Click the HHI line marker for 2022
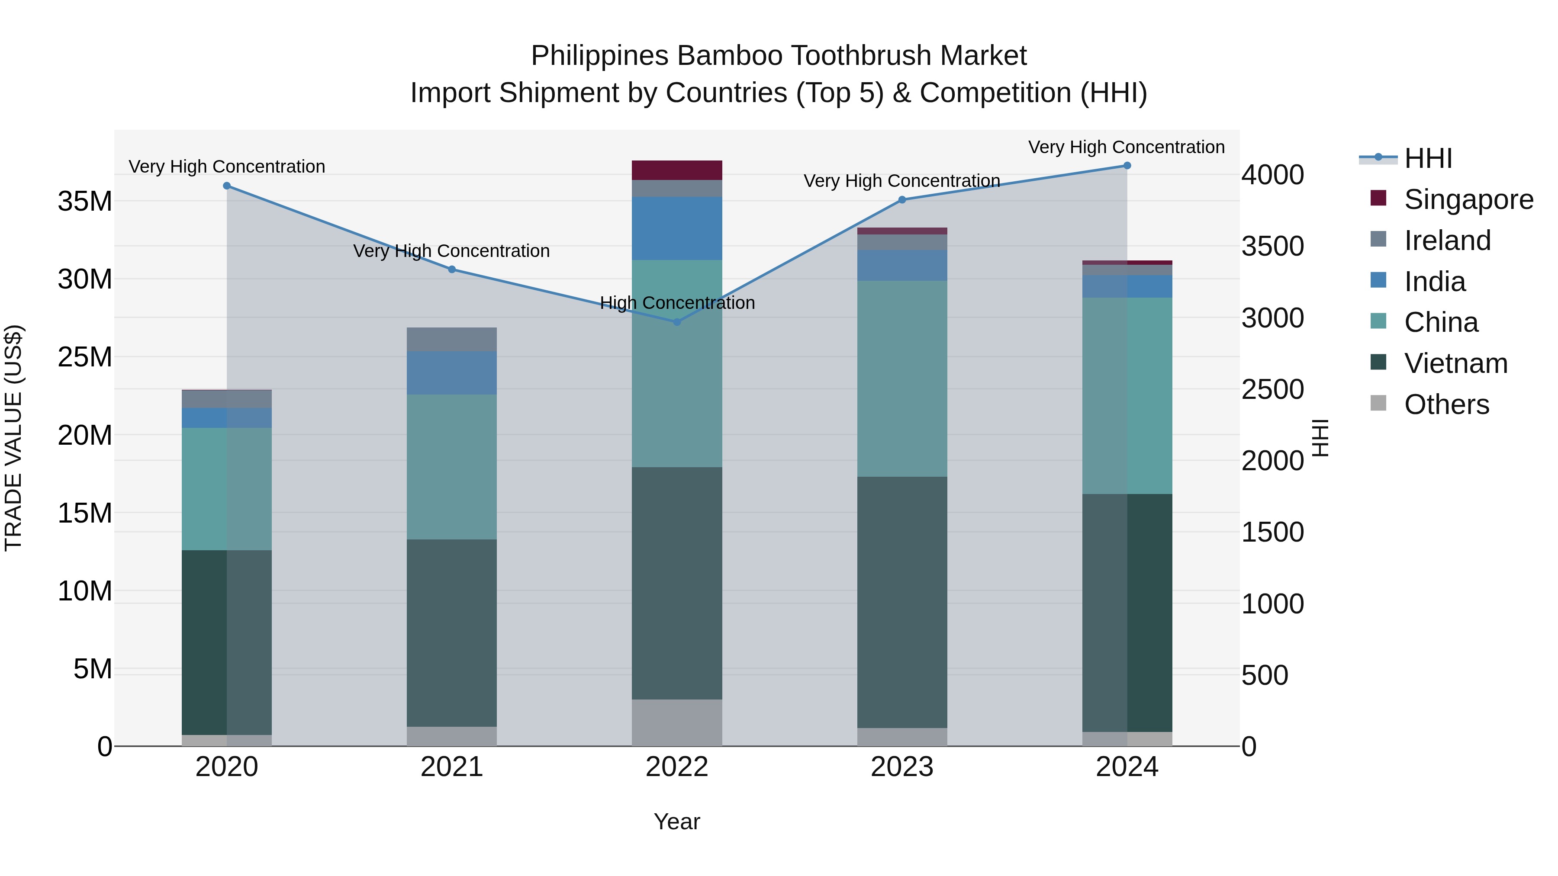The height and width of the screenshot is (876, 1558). tap(677, 321)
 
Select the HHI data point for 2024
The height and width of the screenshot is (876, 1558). tap(1127, 166)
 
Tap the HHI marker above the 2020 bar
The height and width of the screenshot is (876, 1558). tap(227, 186)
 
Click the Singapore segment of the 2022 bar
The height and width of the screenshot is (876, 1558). tap(677, 170)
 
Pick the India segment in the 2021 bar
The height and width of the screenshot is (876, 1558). tap(451, 373)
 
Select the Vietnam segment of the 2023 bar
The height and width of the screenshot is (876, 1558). tap(902, 602)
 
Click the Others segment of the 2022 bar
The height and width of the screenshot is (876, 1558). tap(677, 722)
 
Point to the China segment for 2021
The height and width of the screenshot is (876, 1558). tap(451, 467)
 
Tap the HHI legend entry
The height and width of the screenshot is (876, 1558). tap(1427, 158)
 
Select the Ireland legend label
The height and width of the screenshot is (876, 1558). tap(1447, 241)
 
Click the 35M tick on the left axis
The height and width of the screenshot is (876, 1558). tap(85, 201)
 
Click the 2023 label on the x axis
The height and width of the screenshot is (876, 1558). tap(902, 767)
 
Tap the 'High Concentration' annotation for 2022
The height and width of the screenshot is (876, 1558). tap(677, 302)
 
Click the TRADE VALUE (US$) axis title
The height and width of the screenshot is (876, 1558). tap(13, 438)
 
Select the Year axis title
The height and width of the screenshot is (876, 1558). tap(677, 821)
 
